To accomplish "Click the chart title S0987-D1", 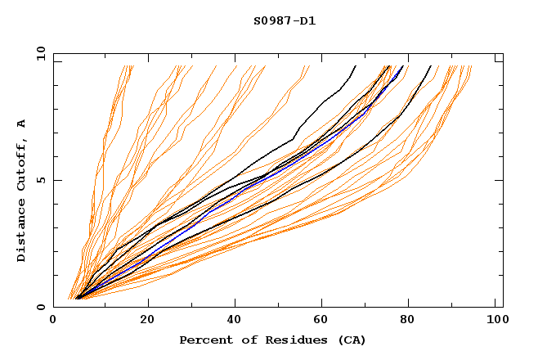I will (x=285, y=20).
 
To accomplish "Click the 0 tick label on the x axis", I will (x=53, y=321).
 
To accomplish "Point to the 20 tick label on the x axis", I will (x=147, y=321).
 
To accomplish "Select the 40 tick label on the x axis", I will (x=235, y=321).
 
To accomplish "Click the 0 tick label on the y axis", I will (x=41, y=308).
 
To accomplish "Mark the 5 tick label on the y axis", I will (x=41, y=180).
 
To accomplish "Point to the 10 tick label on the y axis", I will (x=38, y=54).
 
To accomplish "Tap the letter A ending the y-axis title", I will (x=21, y=123).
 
